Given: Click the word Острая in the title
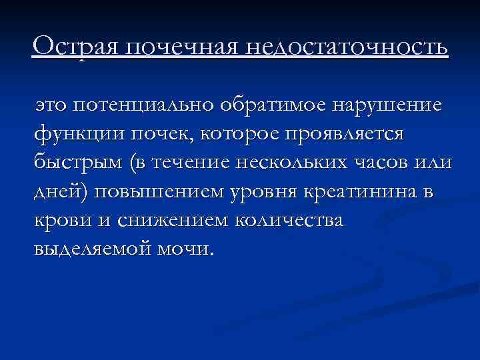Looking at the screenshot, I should pos(75,47).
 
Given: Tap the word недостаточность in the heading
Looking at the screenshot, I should pos(347,47).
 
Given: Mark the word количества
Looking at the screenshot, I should pos(289,220).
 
